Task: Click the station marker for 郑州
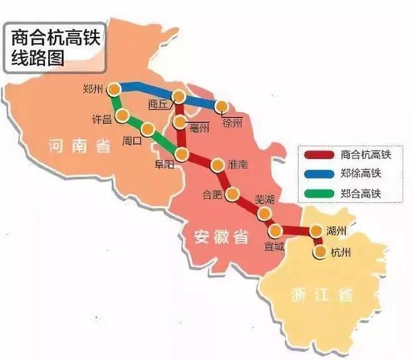point(115,89)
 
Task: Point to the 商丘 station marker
point(178,98)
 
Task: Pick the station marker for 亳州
point(180,123)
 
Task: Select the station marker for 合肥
point(231,194)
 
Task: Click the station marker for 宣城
point(276,231)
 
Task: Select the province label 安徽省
point(222,236)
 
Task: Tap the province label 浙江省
point(323,295)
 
